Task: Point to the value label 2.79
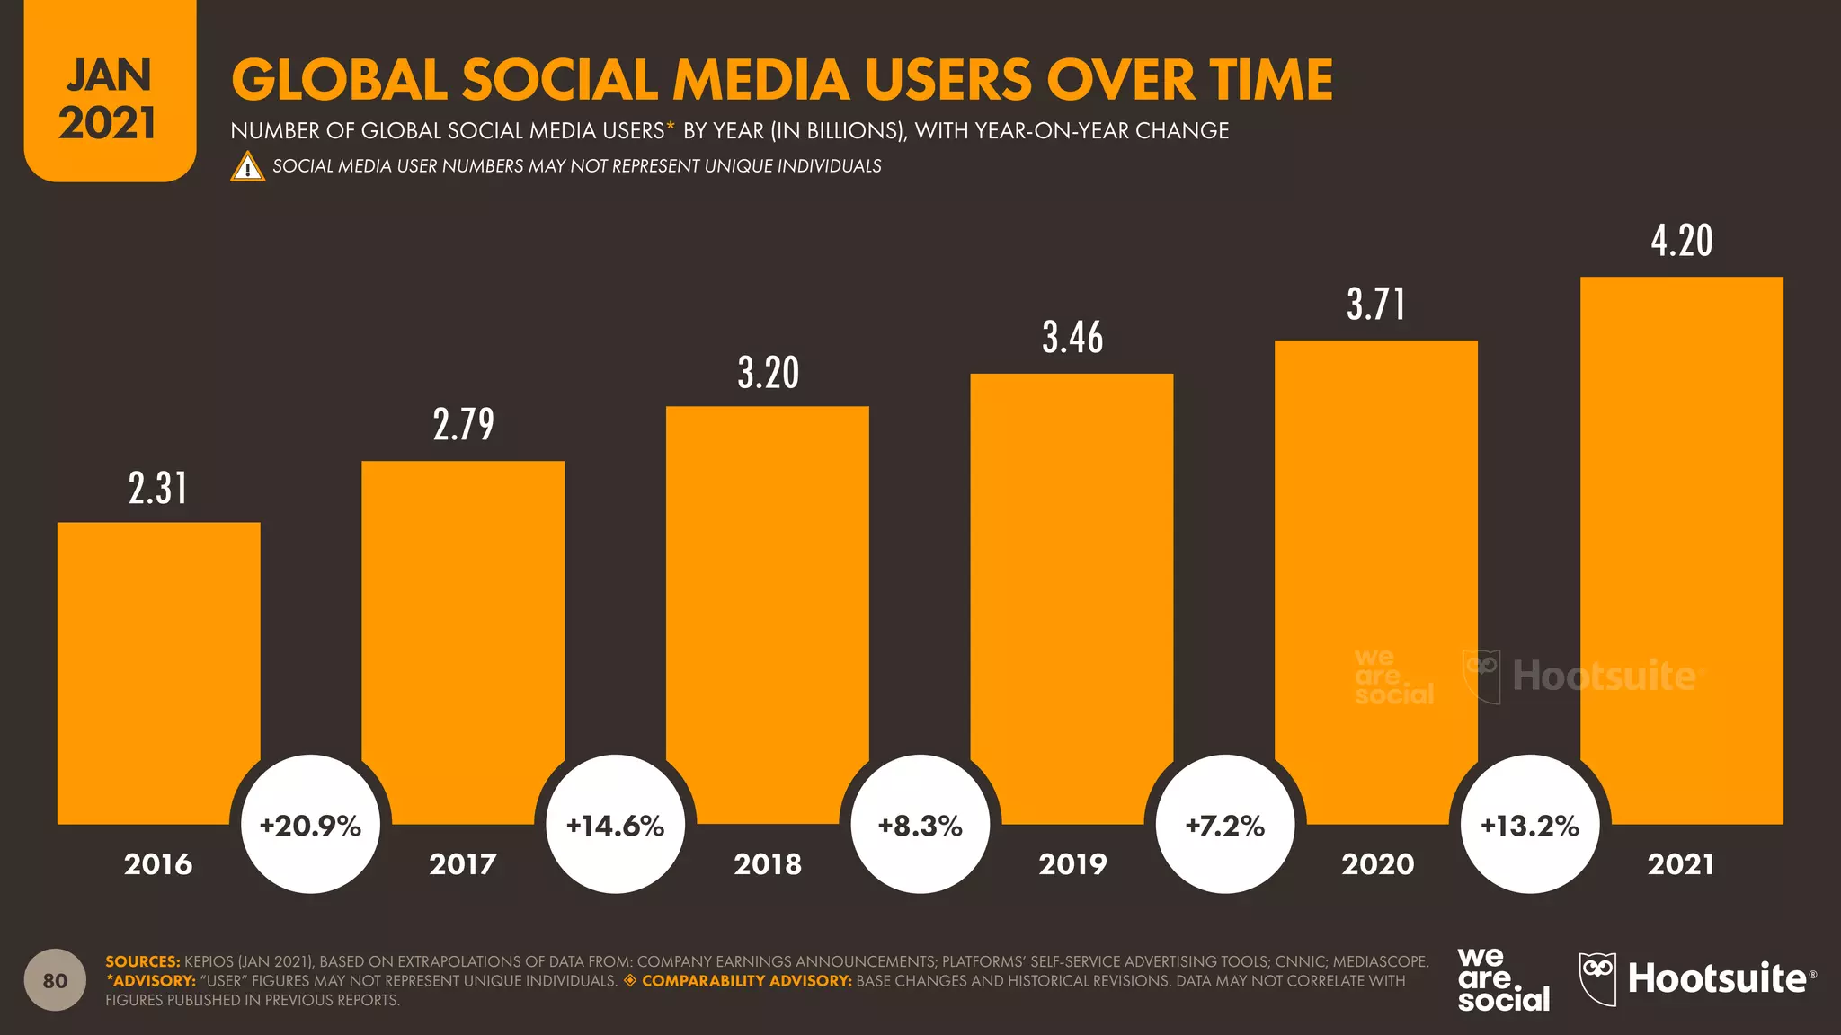point(463,425)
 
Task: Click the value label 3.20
point(768,373)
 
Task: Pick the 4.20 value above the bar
point(1681,241)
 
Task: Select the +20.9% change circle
point(310,825)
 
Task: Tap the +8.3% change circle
point(920,825)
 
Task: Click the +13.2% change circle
point(1529,825)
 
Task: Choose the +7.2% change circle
point(1224,825)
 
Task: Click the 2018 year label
point(768,864)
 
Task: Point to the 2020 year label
point(1377,864)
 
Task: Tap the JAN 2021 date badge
point(109,97)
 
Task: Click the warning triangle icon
point(247,167)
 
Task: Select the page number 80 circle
point(55,979)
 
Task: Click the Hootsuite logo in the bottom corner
point(1697,978)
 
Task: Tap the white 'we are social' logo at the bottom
point(1503,979)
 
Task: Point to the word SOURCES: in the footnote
point(142,961)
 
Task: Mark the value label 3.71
point(1375,305)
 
